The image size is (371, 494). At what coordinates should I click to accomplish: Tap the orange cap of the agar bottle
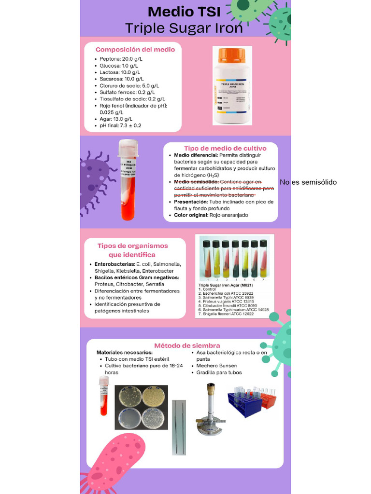(x=232, y=55)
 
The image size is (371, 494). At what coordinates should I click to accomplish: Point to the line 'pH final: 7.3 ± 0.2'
(x=120, y=125)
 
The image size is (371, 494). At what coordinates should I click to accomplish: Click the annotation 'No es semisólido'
(x=308, y=182)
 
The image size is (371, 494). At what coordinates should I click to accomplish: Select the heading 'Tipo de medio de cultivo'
(x=221, y=148)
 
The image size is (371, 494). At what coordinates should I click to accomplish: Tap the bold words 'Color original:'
(x=191, y=215)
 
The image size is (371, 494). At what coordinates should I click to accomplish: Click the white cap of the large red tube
(x=128, y=148)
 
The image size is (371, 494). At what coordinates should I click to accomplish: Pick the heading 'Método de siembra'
(x=187, y=345)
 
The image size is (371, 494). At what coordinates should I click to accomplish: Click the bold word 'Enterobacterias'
(x=114, y=264)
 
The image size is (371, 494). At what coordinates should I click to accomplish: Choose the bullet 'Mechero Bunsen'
(x=216, y=366)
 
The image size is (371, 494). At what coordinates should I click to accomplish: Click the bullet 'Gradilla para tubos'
(x=219, y=372)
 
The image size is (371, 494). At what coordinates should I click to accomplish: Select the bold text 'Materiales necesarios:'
(x=124, y=353)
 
